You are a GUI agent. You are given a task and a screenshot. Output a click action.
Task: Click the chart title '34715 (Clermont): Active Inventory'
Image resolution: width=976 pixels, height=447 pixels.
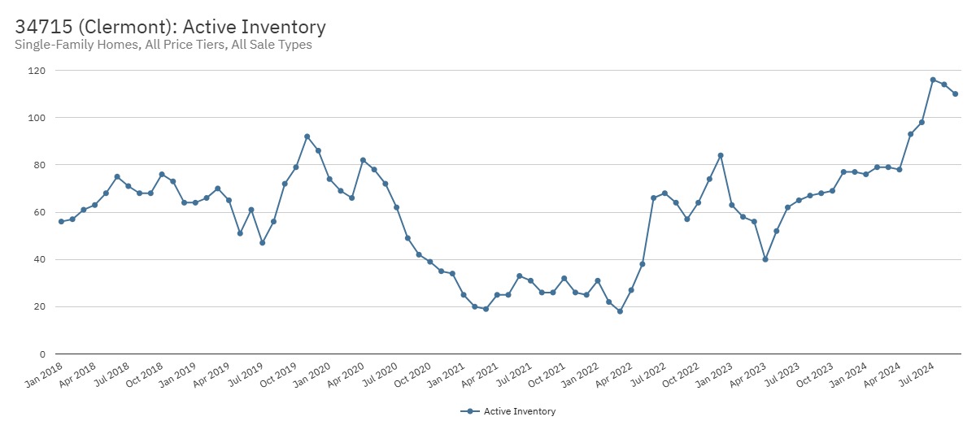click(x=170, y=27)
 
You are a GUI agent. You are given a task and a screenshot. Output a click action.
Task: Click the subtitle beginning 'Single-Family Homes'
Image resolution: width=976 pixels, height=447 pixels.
click(x=163, y=45)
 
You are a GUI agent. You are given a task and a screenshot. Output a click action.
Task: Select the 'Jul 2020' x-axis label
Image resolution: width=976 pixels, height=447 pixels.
click(x=381, y=371)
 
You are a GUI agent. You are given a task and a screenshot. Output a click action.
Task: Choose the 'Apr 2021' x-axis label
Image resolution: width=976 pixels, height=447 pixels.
click(x=481, y=371)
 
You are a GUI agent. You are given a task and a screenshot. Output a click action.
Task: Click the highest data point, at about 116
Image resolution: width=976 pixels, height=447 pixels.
click(x=933, y=80)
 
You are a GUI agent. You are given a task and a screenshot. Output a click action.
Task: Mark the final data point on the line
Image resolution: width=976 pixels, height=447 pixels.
click(x=956, y=94)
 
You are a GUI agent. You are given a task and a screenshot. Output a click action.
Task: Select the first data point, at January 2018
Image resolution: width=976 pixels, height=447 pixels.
click(x=61, y=222)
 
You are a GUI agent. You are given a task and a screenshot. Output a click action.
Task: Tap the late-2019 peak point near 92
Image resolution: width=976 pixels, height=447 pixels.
click(x=307, y=137)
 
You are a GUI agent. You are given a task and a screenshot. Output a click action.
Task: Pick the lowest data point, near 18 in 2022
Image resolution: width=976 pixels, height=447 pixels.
click(x=620, y=311)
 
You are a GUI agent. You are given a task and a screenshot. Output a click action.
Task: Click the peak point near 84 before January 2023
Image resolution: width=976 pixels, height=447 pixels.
click(x=721, y=155)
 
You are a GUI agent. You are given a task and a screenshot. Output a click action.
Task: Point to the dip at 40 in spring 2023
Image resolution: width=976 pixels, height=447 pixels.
click(x=765, y=259)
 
